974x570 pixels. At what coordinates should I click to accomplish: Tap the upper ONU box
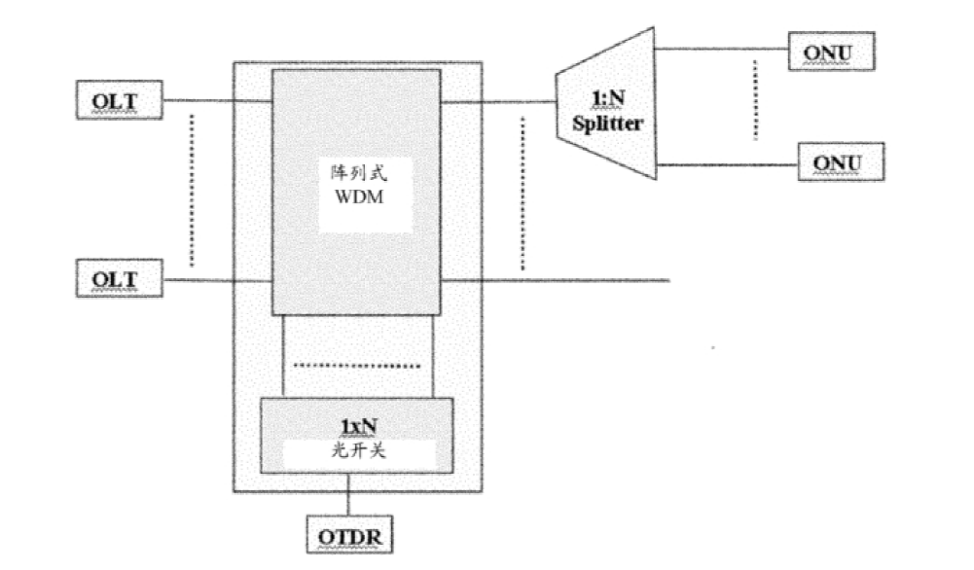833,51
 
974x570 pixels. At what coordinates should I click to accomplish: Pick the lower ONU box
842,161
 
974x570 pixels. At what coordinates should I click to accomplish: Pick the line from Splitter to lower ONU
726,163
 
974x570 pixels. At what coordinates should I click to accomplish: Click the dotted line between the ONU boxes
756,101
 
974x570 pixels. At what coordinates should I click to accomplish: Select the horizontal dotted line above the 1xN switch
357,366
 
